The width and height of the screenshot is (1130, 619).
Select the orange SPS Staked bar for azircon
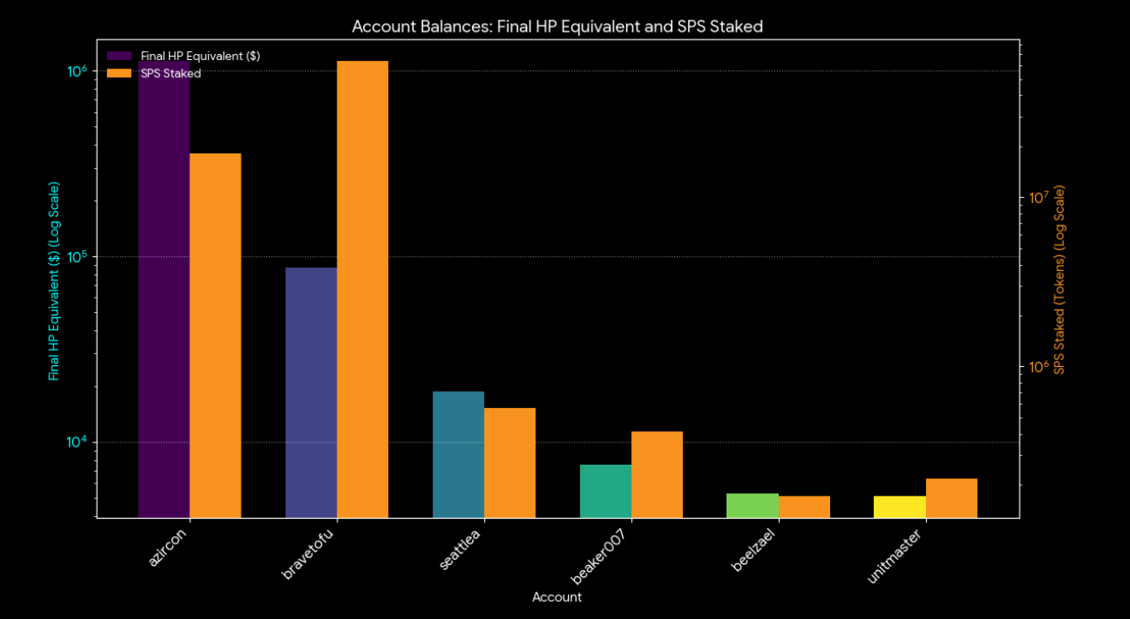pyautogui.click(x=215, y=334)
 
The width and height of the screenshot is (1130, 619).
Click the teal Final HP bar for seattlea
pyautogui.click(x=458, y=454)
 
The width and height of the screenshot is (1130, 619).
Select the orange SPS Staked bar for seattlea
pyautogui.click(x=510, y=463)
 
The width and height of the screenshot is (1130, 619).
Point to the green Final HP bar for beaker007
pyautogui.click(x=606, y=490)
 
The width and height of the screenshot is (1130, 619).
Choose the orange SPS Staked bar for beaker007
pyautogui.click(x=657, y=474)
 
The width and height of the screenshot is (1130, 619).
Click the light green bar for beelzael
pyautogui.click(x=752, y=505)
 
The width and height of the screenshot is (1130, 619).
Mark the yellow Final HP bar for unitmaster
pyautogui.click(x=900, y=507)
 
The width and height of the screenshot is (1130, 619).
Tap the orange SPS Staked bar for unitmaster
pyautogui.click(x=951, y=498)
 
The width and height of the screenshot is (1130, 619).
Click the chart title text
pyautogui.click(x=557, y=27)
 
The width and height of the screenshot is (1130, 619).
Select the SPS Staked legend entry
pyautogui.click(x=170, y=74)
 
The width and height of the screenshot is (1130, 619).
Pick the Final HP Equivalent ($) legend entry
pyautogui.click(x=200, y=56)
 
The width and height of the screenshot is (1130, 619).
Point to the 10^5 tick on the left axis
pyautogui.click(x=79, y=256)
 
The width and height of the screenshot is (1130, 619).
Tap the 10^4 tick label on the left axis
pyautogui.click(x=79, y=442)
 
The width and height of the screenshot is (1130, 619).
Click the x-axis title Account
pyautogui.click(x=557, y=597)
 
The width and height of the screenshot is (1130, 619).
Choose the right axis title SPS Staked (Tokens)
pyautogui.click(x=1059, y=280)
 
